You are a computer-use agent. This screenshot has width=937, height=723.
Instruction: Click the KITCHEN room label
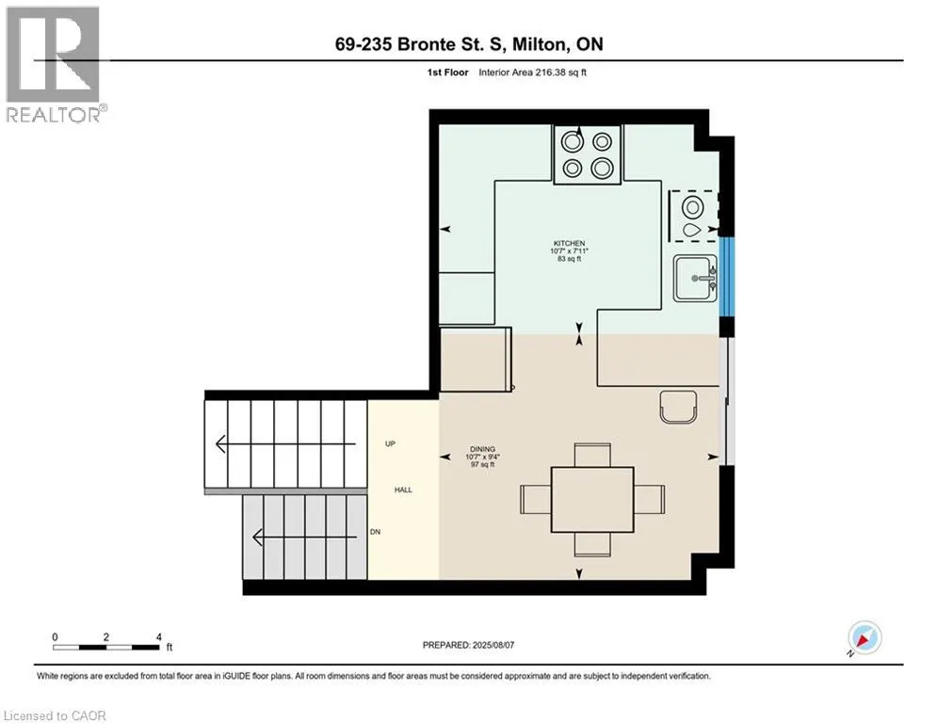coord(569,243)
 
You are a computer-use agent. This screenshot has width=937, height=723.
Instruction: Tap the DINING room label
coord(482,449)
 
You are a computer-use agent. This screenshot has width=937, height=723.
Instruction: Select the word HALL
coord(403,490)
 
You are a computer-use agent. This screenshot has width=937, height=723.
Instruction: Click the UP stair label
coord(390,444)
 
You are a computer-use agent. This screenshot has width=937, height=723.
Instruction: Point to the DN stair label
coord(376,532)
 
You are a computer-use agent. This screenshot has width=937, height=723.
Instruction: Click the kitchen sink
coord(695,279)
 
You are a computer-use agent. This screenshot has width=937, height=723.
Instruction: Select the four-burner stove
coord(588,154)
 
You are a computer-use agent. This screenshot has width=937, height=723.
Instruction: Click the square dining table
coord(592,500)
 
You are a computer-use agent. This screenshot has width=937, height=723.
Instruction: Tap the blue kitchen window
coord(726,277)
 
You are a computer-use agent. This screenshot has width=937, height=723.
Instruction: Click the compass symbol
coord(864,637)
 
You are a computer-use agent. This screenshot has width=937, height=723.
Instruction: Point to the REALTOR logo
coord(55,65)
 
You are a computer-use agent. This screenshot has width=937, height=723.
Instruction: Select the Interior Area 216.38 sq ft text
coord(532,72)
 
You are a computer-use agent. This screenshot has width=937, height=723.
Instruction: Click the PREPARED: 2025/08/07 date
coord(469,645)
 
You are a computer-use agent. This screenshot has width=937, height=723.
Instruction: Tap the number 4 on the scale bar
coord(159,637)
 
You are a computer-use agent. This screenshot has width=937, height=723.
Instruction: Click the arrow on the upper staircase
coord(285,444)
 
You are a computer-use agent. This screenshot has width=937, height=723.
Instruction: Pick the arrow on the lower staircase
coord(305,538)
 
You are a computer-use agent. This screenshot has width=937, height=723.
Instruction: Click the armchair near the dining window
coord(679,407)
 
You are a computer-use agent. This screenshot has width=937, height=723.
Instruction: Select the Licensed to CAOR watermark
coord(55,715)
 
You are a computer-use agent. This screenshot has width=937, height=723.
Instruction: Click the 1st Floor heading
coord(447,72)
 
